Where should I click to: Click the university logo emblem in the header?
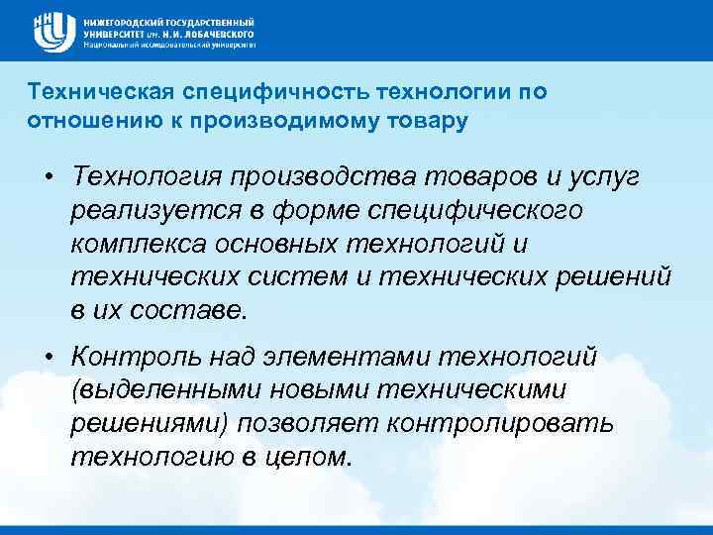[x=51, y=32]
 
